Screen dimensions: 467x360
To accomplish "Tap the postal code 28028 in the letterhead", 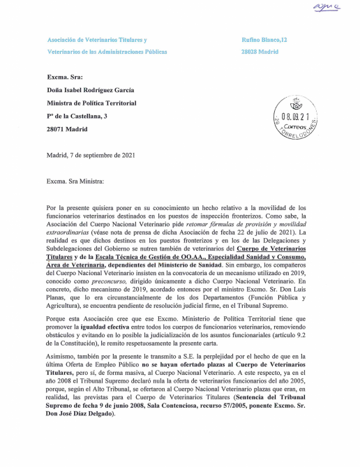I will [249, 52].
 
